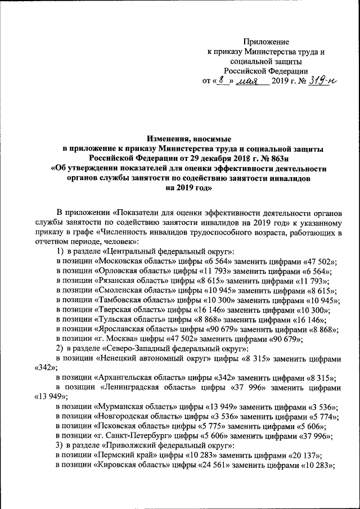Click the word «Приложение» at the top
coord(266,42)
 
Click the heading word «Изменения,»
coord(169,137)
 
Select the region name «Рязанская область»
coord(128,280)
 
